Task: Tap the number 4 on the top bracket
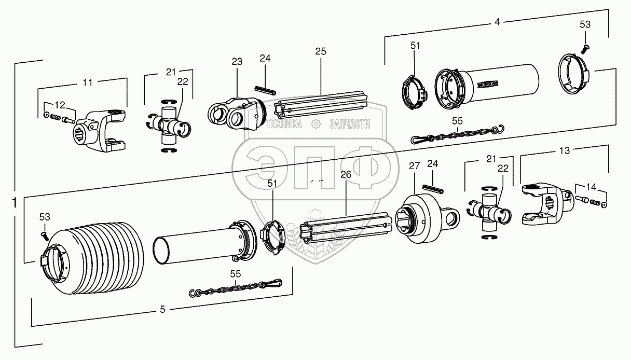[x=497, y=22]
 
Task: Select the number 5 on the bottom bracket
[x=162, y=310]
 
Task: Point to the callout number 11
[x=88, y=82]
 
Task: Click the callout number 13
[x=564, y=150]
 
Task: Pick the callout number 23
[x=237, y=62]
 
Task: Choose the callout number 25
[x=320, y=51]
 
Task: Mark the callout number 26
[x=346, y=175]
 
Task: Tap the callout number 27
[x=414, y=165]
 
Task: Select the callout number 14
[x=591, y=186]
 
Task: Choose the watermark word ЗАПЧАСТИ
[x=349, y=124]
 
